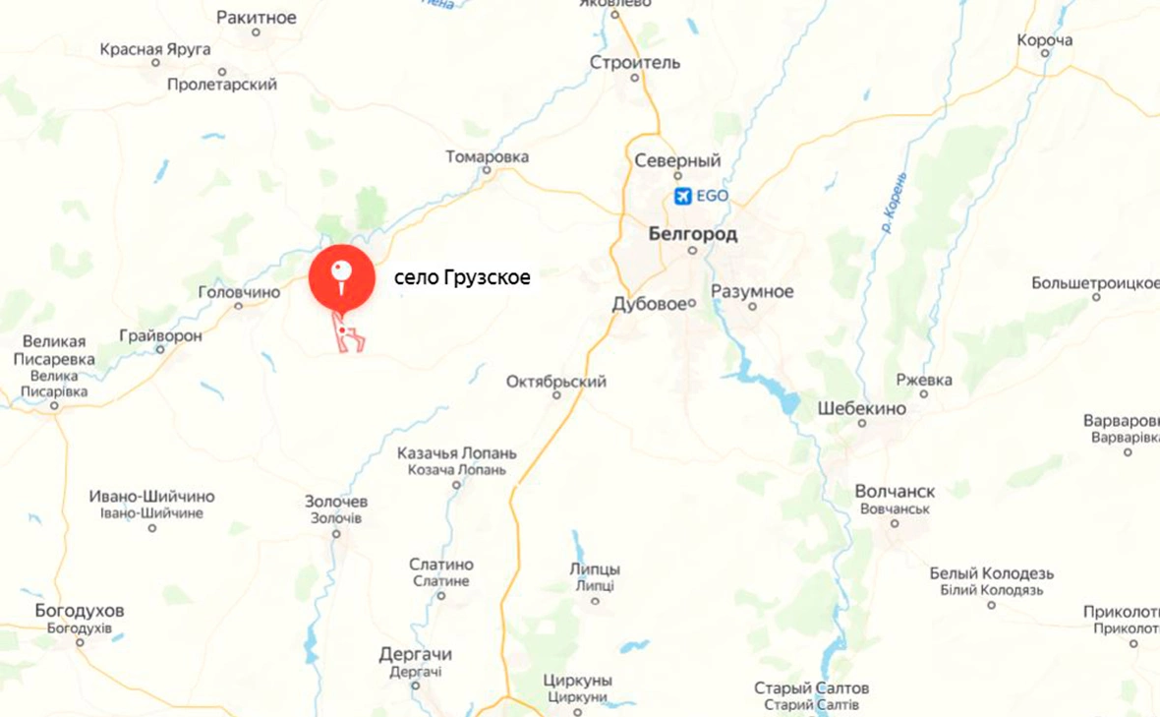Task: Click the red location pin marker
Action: coord(341,274)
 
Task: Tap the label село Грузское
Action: coord(462,278)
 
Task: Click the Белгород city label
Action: coord(692,234)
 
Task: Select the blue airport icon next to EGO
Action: coord(683,196)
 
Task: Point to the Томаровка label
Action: coord(487,156)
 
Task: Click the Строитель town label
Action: coord(635,63)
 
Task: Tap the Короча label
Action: coord(1044,40)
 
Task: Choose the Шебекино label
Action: coord(861,407)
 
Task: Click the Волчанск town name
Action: coord(895,491)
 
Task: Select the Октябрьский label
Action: coord(556,381)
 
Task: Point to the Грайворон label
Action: coord(160,335)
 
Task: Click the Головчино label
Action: coord(239,291)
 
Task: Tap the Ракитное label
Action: coord(256,17)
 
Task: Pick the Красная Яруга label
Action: coord(154,48)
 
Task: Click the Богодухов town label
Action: coord(80,611)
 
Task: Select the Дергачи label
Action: coord(415,654)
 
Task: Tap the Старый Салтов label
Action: coord(811,688)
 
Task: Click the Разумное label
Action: coord(752,291)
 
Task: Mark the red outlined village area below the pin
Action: coord(349,336)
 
